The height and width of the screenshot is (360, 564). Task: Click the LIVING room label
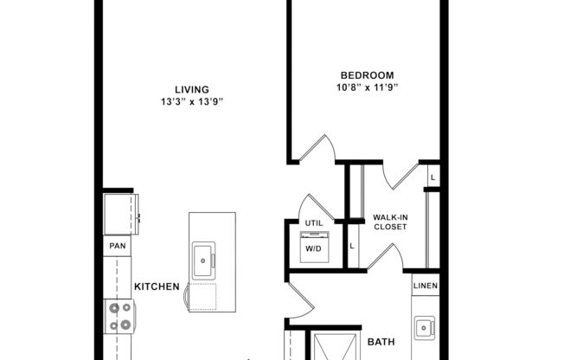pyautogui.click(x=191, y=89)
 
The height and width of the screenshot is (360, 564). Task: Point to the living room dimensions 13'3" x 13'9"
pyautogui.click(x=191, y=101)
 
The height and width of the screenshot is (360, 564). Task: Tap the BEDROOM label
pyautogui.click(x=367, y=75)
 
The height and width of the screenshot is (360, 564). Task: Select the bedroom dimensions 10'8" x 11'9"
pyautogui.click(x=367, y=87)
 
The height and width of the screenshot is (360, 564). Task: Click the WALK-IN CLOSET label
pyautogui.click(x=389, y=222)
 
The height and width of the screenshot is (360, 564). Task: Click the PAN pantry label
pyautogui.click(x=118, y=247)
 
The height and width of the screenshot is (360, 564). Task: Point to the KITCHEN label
pyautogui.click(x=157, y=286)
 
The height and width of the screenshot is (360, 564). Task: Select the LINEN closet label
pyautogui.click(x=426, y=287)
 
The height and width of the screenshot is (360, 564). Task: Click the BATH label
pyautogui.click(x=381, y=342)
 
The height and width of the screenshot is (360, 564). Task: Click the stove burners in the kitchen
pyautogui.click(x=118, y=317)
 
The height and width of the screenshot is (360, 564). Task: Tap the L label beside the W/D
pyautogui.click(x=352, y=247)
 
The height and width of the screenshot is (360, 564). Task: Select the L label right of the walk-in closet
pyautogui.click(x=433, y=177)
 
